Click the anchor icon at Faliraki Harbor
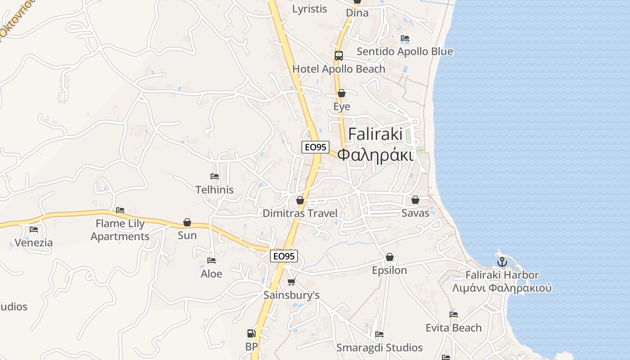click(x=502, y=261)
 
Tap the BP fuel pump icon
click(x=251, y=333)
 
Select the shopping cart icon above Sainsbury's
click(x=291, y=282)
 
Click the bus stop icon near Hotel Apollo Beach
click(x=338, y=56)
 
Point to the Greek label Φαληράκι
click(x=375, y=154)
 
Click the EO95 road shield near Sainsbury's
click(x=284, y=256)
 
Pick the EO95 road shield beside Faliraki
click(x=315, y=147)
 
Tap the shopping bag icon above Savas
click(x=415, y=199)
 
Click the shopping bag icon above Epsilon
click(x=389, y=257)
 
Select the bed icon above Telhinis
click(x=215, y=176)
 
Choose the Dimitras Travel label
click(x=300, y=213)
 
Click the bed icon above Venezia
click(x=34, y=229)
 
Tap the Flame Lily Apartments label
click(x=120, y=230)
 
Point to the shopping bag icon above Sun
click(x=187, y=222)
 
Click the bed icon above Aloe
click(x=211, y=261)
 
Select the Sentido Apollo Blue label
click(x=405, y=52)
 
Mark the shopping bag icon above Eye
click(x=342, y=93)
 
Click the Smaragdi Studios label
click(x=379, y=348)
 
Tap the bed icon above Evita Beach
click(x=454, y=315)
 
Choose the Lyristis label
click(x=310, y=9)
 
